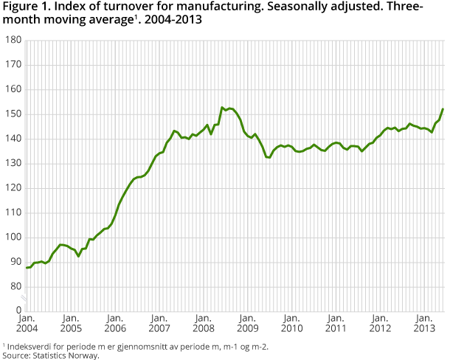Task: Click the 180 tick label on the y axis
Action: coord(11,41)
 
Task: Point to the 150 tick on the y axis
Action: coord(11,114)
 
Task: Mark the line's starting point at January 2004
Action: coord(27,268)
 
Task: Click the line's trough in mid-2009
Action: coord(269,157)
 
